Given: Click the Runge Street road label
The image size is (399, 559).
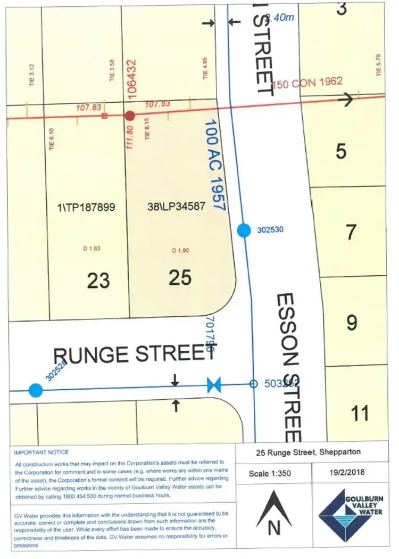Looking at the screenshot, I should coord(130,354).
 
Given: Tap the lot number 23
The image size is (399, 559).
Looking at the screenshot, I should coord(98,279).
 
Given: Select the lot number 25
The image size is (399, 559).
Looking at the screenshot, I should coord(180,277).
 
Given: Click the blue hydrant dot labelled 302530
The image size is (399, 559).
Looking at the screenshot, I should coord(244,230).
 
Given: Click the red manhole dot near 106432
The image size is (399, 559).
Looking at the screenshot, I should coord(129,116).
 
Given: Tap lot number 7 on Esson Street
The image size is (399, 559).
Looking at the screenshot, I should coord(351,233).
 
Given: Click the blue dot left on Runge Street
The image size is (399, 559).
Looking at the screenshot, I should coord(36,390).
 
